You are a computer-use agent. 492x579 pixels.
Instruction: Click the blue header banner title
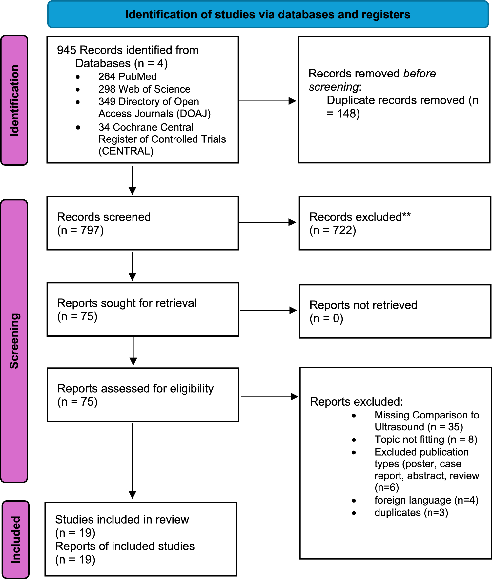click(x=268, y=15)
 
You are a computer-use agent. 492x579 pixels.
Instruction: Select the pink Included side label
click(x=16, y=539)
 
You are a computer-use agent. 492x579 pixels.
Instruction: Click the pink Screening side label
click(x=14, y=341)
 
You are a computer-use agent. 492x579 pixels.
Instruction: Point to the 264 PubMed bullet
click(x=127, y=76)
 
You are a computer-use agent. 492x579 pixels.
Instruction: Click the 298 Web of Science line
click(x=144, y=89)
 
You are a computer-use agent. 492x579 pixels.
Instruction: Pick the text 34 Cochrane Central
click(x=146, y=127)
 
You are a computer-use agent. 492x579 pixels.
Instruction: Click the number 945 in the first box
click(x=67, y=50)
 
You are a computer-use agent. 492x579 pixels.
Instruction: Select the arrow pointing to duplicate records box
click(x=267, y=101)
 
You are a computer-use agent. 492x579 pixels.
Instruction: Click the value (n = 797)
click(x=80, y=230)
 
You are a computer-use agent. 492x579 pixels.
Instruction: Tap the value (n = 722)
click(x=333, y=230)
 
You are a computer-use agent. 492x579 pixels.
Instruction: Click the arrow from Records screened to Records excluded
click(x=267, y=222)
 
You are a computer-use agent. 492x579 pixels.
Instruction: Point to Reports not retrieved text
click(x=363, y=305)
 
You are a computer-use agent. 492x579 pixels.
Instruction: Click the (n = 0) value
click(x=326, y=318)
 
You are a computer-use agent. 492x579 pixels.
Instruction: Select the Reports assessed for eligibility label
click(x=135, y=388)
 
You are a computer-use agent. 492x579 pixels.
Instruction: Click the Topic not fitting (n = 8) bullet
click(x=425, y=439)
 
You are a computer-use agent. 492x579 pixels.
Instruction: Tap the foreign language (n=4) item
click(x=426, y=500)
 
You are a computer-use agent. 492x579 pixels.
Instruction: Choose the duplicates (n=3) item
click(x=411, y=513)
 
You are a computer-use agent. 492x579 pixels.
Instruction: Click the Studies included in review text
click(x=122, y=520)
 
